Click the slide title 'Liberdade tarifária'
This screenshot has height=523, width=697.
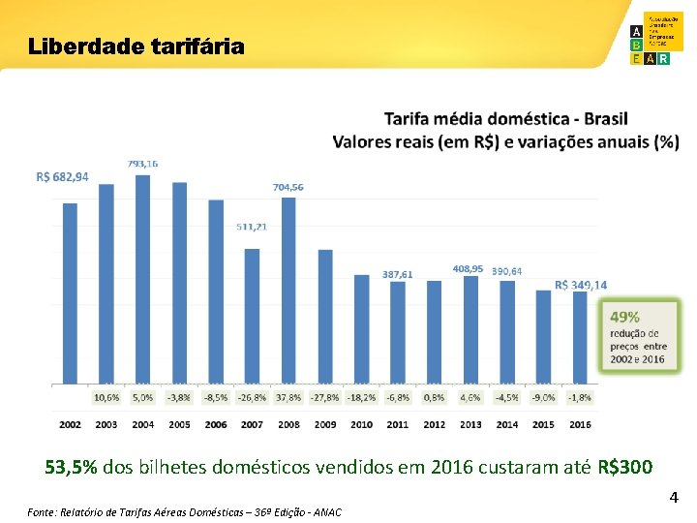pyautogui.click(x=136, y=46)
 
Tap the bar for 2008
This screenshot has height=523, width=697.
pyautogui.click(x=288, y=290)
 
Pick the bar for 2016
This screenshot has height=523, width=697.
pyautogui.click(x=580, y=336)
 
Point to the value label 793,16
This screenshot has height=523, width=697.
pyautogui.click(x=142, y=164)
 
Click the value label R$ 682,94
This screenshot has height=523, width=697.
pyautogui.click(x=62, y=177)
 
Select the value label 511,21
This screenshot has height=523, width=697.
pyautogui.click(x=252, y=227)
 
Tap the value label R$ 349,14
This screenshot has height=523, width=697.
pyautogui.click(x=581, y=285)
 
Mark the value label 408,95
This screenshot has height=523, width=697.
pyautogui.click(x=469, y=268)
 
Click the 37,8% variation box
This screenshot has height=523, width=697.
pyautogui.click(x=288, y=397)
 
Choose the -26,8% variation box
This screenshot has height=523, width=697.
pyautogui.click(x=252, y=397)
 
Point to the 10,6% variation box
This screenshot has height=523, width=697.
pyautogui.click(x=106, y=397)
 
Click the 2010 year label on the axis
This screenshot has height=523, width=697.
pyautogui.click(x=361, y=424)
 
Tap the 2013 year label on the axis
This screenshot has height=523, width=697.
pyautogui.click(x=470, y=424)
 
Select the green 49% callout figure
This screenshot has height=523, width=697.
pyautogui.click(x=624, y=317)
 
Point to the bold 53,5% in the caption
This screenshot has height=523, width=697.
pyautogui.click(x=71, y=468)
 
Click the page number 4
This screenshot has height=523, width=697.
pyautogui.click(x=674, y=498)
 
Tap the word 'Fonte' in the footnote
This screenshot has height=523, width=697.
pyautogui.click(x=41, y=511)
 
